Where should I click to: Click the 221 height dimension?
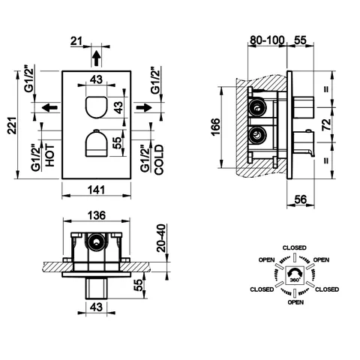point(12,125)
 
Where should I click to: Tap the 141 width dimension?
point(96,190)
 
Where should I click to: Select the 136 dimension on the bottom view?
point(97,215)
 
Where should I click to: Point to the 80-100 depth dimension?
point(267,40)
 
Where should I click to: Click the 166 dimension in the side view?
point(216,127)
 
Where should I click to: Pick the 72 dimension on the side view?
point(326,124)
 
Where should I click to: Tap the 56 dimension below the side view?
point(300,199)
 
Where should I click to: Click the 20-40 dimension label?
point(161,238)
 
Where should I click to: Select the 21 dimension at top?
point(76,41)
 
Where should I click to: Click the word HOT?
point(49,155)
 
